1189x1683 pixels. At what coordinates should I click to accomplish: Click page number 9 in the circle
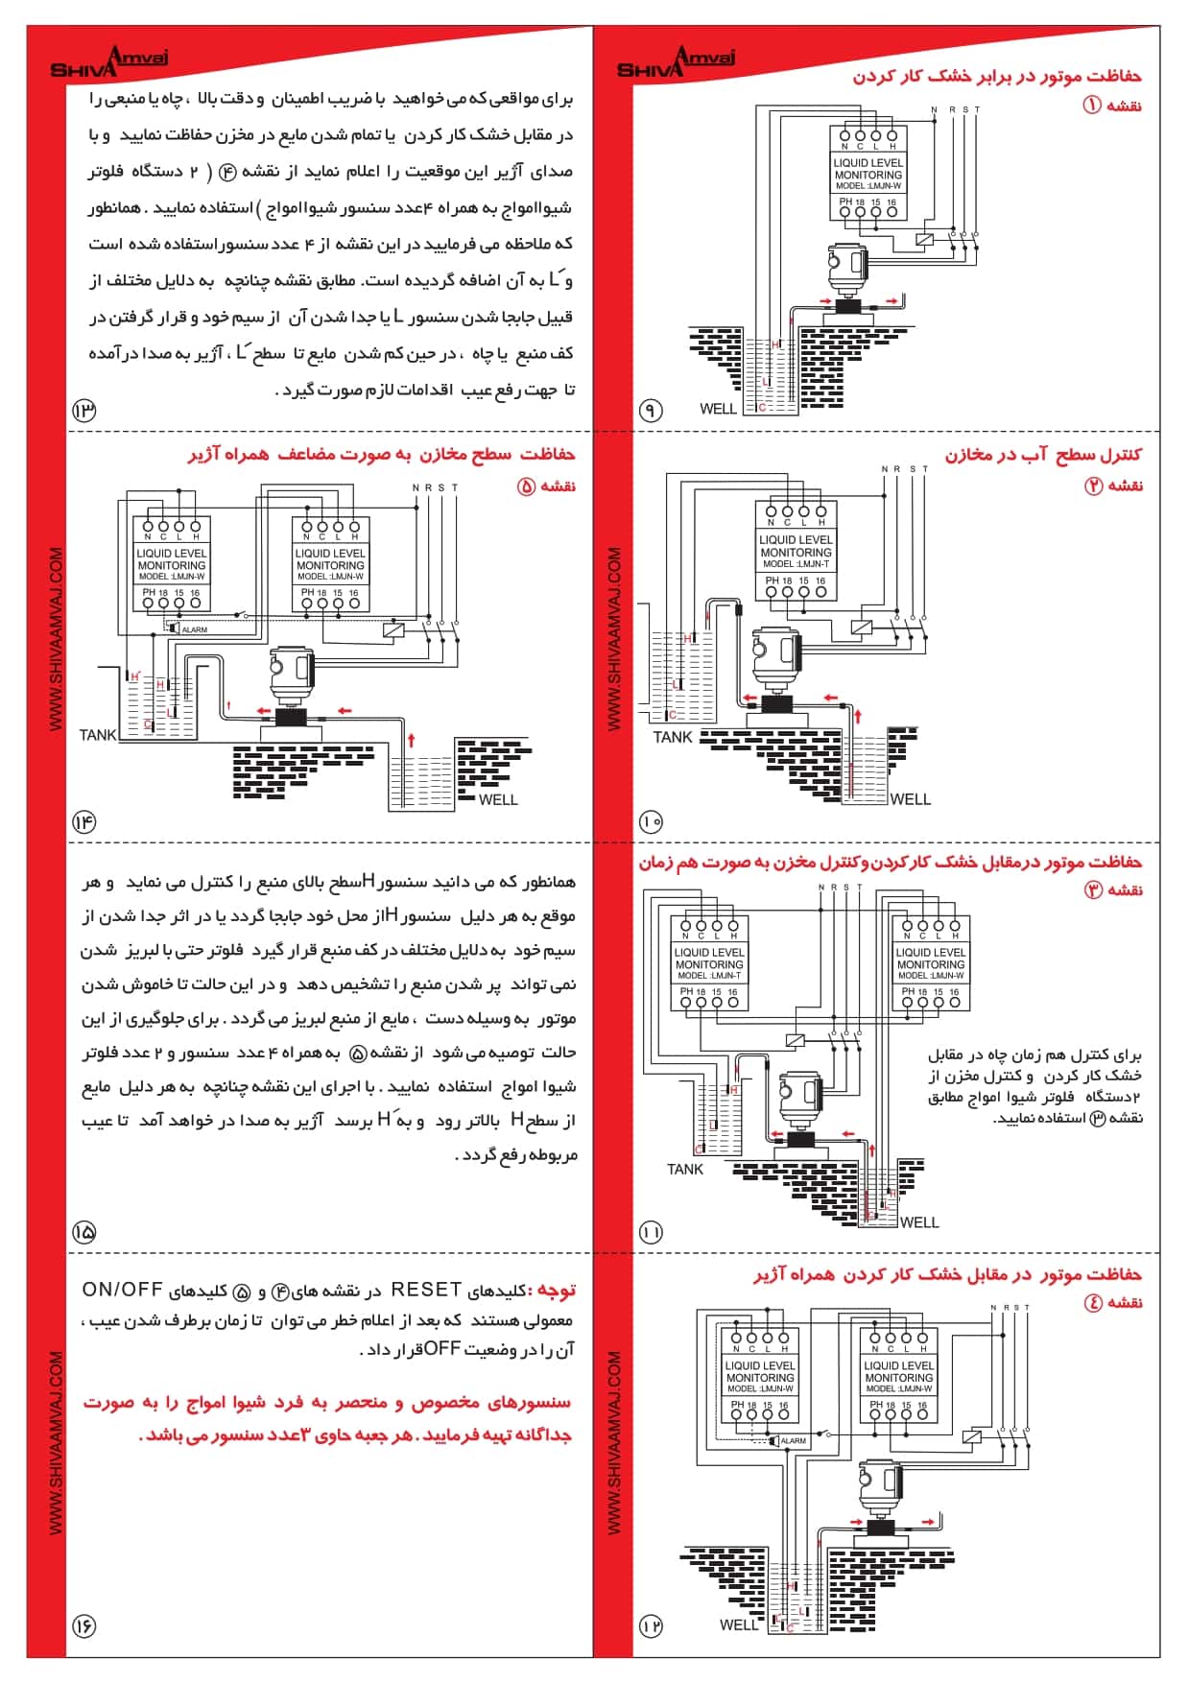(x=651, y=411)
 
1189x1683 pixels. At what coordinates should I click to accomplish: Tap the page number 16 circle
(x=84, y=1625)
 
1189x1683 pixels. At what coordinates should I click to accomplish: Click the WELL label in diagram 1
(x=718, y=409)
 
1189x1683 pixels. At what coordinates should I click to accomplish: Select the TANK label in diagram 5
(x=98, y=735)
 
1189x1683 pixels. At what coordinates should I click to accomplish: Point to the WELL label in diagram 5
(x=498, y=799)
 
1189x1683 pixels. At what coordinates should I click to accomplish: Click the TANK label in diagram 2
(x=673, y=737)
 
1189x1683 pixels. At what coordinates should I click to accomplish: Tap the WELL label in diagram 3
(x=919, y=1221)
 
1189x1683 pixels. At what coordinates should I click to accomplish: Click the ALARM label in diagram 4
(x=794, y=1440)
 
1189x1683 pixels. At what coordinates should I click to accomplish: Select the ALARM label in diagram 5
(x=195, y=629)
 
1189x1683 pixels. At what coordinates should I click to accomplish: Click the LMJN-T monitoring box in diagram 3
(x=709, y=964)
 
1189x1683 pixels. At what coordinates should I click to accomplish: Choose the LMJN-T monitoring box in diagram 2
(x=796, y=552)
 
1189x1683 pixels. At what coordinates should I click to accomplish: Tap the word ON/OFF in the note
(x=122, y=1290)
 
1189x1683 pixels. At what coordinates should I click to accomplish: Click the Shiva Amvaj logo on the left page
(x=108, y=63)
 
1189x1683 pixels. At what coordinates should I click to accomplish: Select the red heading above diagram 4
(x=948, y=1274)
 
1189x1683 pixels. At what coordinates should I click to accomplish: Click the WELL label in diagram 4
(x=739, y=1624)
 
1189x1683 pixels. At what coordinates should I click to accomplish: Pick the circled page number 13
(x=84, y=411)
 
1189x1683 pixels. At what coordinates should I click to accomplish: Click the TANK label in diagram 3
(x=685, y=1169)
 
